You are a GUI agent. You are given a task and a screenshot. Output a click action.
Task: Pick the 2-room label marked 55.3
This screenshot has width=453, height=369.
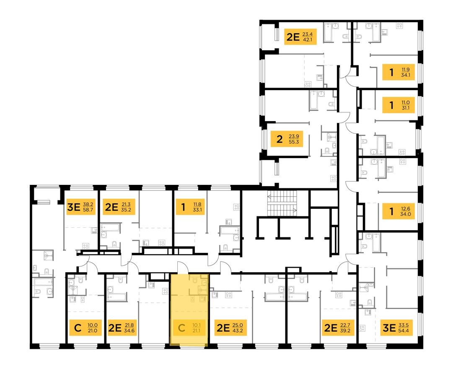coord(290,139)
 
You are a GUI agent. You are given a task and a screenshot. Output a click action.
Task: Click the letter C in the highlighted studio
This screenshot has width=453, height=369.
coord(181,327)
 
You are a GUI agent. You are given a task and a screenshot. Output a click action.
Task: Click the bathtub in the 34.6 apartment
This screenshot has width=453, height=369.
coord(116,297)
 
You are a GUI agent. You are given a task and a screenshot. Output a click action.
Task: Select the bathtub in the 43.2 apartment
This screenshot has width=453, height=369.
coord(275,297)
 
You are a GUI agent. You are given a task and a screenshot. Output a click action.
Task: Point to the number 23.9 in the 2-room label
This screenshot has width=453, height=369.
coord(295,136)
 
